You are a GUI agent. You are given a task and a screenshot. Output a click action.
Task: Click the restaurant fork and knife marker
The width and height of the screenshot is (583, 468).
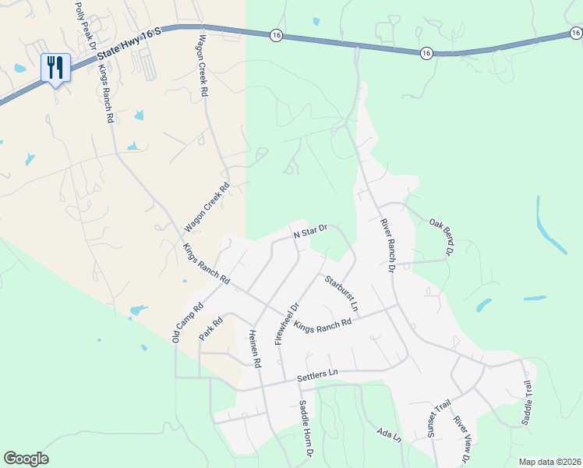[x=55, y=67]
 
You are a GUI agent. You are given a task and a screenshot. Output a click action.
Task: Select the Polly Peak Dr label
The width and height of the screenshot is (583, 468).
[x=85, y=26]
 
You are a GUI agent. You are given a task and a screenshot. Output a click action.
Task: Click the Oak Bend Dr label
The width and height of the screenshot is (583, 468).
[x=441, y=237]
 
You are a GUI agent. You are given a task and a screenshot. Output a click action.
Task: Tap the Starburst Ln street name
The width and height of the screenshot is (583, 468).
[x=341, y=293]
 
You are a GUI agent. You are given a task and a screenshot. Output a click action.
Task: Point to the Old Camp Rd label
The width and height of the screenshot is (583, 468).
[x=187, y=322]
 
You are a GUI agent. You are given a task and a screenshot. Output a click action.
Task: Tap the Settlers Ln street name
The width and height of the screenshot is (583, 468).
[x=320, y=376]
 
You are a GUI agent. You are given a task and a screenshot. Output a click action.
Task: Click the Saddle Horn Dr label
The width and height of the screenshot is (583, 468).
[x=306, y=429]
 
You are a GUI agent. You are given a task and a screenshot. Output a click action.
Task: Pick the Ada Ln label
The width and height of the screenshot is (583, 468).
[x=387, y=434]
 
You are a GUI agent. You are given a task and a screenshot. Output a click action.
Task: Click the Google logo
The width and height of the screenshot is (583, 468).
[x=26, y=459]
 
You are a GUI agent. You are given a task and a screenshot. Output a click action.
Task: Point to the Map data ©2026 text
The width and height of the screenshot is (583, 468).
[x=549, y=462]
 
